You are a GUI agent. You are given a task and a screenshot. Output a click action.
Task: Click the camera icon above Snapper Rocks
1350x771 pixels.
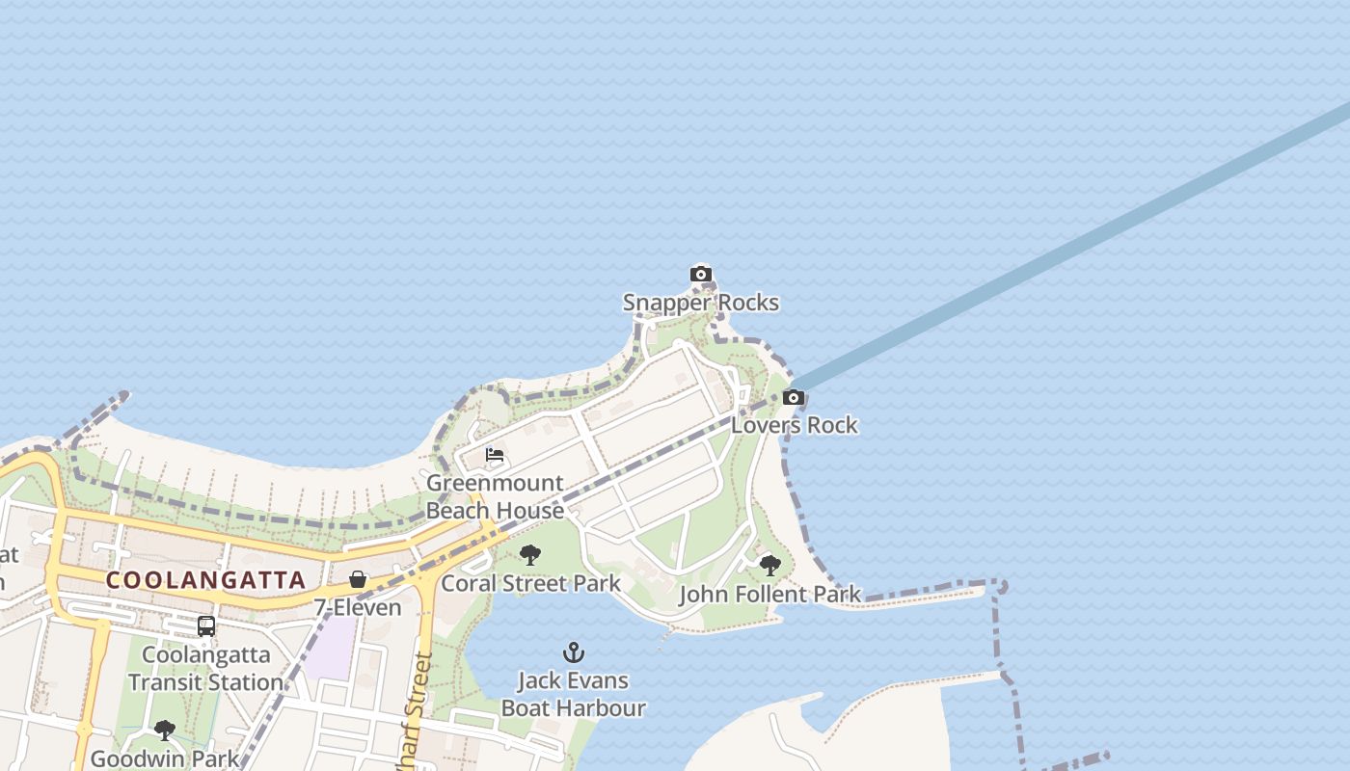(x=701, y=275)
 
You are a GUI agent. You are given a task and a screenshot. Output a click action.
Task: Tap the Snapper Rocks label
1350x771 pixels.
(x=701, y=303)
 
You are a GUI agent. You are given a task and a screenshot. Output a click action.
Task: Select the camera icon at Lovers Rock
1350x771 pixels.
(x=794, y=397)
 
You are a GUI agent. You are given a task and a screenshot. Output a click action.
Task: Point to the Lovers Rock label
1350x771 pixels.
(x=795, y=425)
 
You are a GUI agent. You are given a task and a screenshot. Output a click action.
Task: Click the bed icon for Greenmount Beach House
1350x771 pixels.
(x=496, y=455)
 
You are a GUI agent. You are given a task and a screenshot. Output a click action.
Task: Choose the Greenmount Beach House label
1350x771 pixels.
(x=496, y=496)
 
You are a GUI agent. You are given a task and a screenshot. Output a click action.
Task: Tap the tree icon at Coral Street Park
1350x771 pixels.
(x=529, y=555)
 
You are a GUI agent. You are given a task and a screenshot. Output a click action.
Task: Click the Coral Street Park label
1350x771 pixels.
(x=531, y=583)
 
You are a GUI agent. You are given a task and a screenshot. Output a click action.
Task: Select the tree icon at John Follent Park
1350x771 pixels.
(x=769, y=566)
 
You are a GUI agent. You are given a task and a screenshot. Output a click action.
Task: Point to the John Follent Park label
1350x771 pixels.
(x=769, y=595)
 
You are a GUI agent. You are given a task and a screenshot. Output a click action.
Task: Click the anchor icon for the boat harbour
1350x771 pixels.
(x=574, y=652)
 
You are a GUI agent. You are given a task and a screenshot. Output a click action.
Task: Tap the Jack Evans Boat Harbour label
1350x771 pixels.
(x=574, y=694)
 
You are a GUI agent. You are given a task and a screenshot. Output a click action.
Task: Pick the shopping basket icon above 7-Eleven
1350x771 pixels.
(x=358, y=579)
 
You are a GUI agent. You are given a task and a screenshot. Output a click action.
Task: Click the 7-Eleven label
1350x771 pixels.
(x=358, y=608)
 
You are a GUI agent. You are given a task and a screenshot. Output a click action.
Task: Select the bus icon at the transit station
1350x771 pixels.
(x=206, y=626)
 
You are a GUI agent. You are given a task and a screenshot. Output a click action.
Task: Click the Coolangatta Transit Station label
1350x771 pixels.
(x=205, y=669)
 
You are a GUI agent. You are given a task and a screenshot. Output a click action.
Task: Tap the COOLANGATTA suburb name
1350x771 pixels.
(x=205, y=580)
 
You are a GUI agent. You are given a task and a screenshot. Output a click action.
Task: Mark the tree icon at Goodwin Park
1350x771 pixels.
(x=165, y=730)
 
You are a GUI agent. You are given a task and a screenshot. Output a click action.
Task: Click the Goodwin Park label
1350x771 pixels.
(x=165, y=758)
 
